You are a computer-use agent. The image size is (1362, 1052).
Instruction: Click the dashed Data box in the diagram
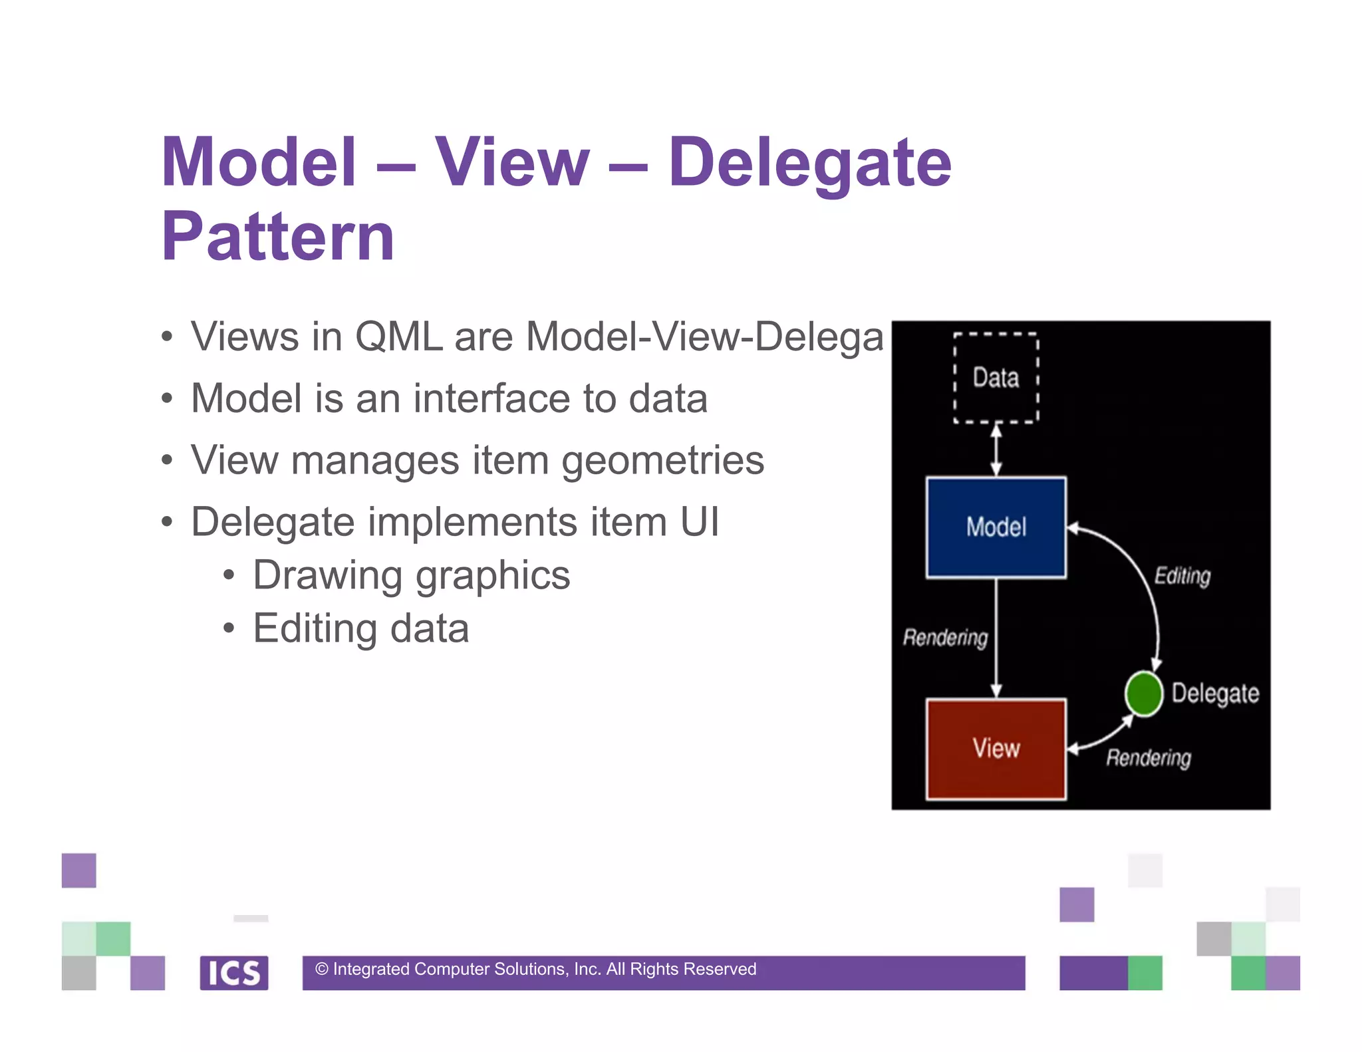tap(996, 378)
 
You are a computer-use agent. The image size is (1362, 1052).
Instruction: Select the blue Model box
tap(996, 527)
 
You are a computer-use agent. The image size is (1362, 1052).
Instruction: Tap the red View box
tap(996, 748)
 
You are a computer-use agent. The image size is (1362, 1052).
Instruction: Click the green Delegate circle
tap(1143, 694)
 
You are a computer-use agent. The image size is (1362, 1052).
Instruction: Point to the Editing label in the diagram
tap(1182, 576)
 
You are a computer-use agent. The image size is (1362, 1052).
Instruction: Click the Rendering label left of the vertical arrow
tap(945, 638)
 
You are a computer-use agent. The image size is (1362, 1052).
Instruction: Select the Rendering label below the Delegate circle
tap(1149, 758)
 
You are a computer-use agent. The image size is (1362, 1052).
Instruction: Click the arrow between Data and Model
tap(996, 450)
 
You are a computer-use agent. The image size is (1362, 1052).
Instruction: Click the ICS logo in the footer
tap(234, 973)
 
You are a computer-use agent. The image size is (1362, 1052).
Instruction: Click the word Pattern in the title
tap(278, 236)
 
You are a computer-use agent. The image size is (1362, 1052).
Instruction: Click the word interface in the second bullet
tap(491, 398)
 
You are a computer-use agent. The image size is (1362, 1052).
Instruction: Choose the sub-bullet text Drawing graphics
tap(411, 575)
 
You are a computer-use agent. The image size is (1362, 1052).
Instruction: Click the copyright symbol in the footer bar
tap(322, 970)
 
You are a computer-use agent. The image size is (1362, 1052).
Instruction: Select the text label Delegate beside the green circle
tap(1215, 694)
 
